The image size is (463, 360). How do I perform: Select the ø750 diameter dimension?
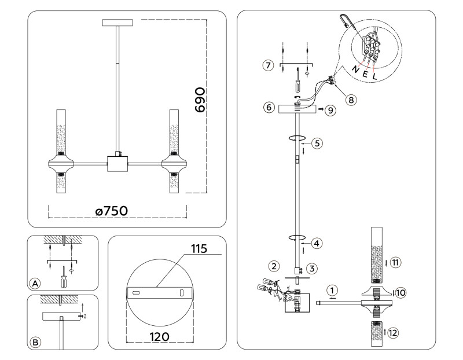(x=115, y=212)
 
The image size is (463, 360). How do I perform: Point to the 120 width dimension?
(x=158, y=336)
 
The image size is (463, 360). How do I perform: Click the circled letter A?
(x=35, y=283)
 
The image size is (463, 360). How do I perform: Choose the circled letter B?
(x=35, y=343)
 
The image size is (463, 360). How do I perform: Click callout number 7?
(x=267, y=65)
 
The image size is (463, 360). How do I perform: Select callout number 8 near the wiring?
(x=350, y=99)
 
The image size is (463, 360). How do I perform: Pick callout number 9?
(x=330, y=109)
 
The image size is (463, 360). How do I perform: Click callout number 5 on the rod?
(x=316, y=142)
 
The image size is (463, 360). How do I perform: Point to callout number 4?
(x=315, y=243)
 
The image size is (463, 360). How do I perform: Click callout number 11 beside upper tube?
(x=394, y=262)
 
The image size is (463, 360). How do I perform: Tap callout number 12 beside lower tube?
(x=394, y=332)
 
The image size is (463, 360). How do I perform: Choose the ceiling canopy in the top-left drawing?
(x=117, y=23)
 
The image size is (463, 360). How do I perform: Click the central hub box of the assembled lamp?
(x=117, y=163)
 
